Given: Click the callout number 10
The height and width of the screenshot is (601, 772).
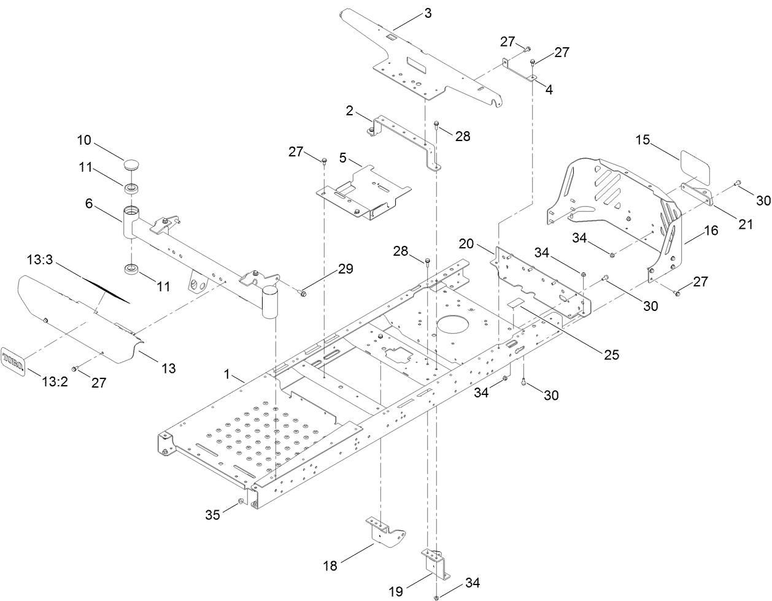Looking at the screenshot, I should click(x=84, y=140).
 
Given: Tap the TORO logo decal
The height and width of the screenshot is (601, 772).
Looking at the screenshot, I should click(x=14, y=359).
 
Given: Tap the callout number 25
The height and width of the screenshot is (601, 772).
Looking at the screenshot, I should click(x=611, y=354).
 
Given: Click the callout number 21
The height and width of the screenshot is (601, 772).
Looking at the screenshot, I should click(x=745, y=224).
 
